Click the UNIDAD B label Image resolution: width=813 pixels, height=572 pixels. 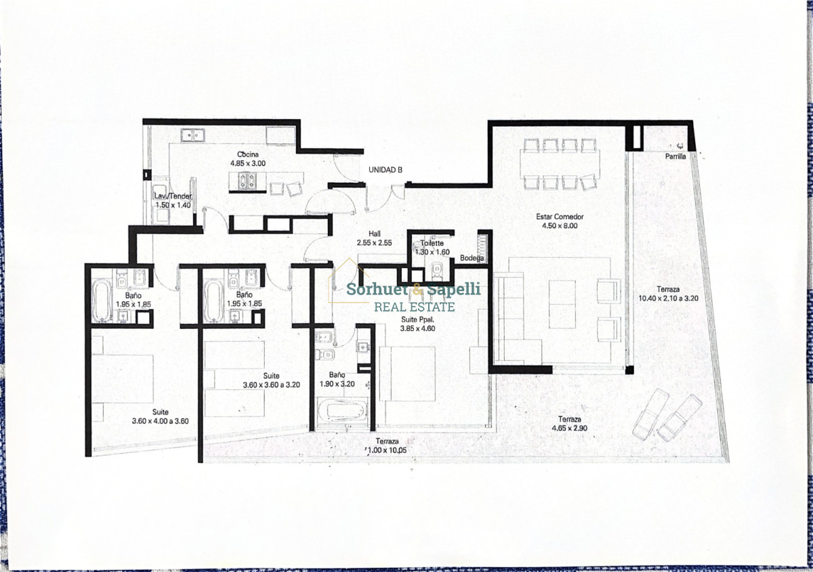click(x=385, y=170)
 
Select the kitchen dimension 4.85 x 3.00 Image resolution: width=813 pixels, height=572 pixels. click(x=247, y=163)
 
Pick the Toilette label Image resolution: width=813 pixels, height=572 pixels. click(x=432, y=243)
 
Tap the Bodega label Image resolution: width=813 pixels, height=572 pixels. click(x=472, y=258)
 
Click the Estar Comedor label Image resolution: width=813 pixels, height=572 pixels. click(x=560, y=217)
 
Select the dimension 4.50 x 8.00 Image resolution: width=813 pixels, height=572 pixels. click(x=559, y=226)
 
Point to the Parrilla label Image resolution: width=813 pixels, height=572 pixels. click(x=675, y=156)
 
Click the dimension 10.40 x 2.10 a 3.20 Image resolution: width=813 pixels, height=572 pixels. click(x=667, y=297)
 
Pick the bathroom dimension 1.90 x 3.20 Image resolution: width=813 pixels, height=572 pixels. click(x=337, y=382)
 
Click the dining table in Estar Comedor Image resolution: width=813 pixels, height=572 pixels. click(x=559, y=163)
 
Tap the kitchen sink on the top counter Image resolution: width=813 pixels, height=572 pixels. click(x=192, y=134)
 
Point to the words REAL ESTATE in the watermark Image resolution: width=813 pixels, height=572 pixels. click(x=415, y=307)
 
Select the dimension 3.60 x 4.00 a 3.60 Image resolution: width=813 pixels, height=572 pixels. click(x=160, y=420)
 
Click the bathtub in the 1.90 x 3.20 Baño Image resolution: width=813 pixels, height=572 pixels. click(x=343, y=410)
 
